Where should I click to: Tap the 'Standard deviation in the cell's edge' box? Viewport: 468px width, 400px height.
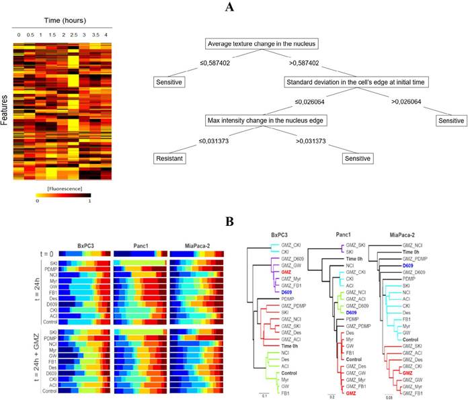point(349,83)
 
